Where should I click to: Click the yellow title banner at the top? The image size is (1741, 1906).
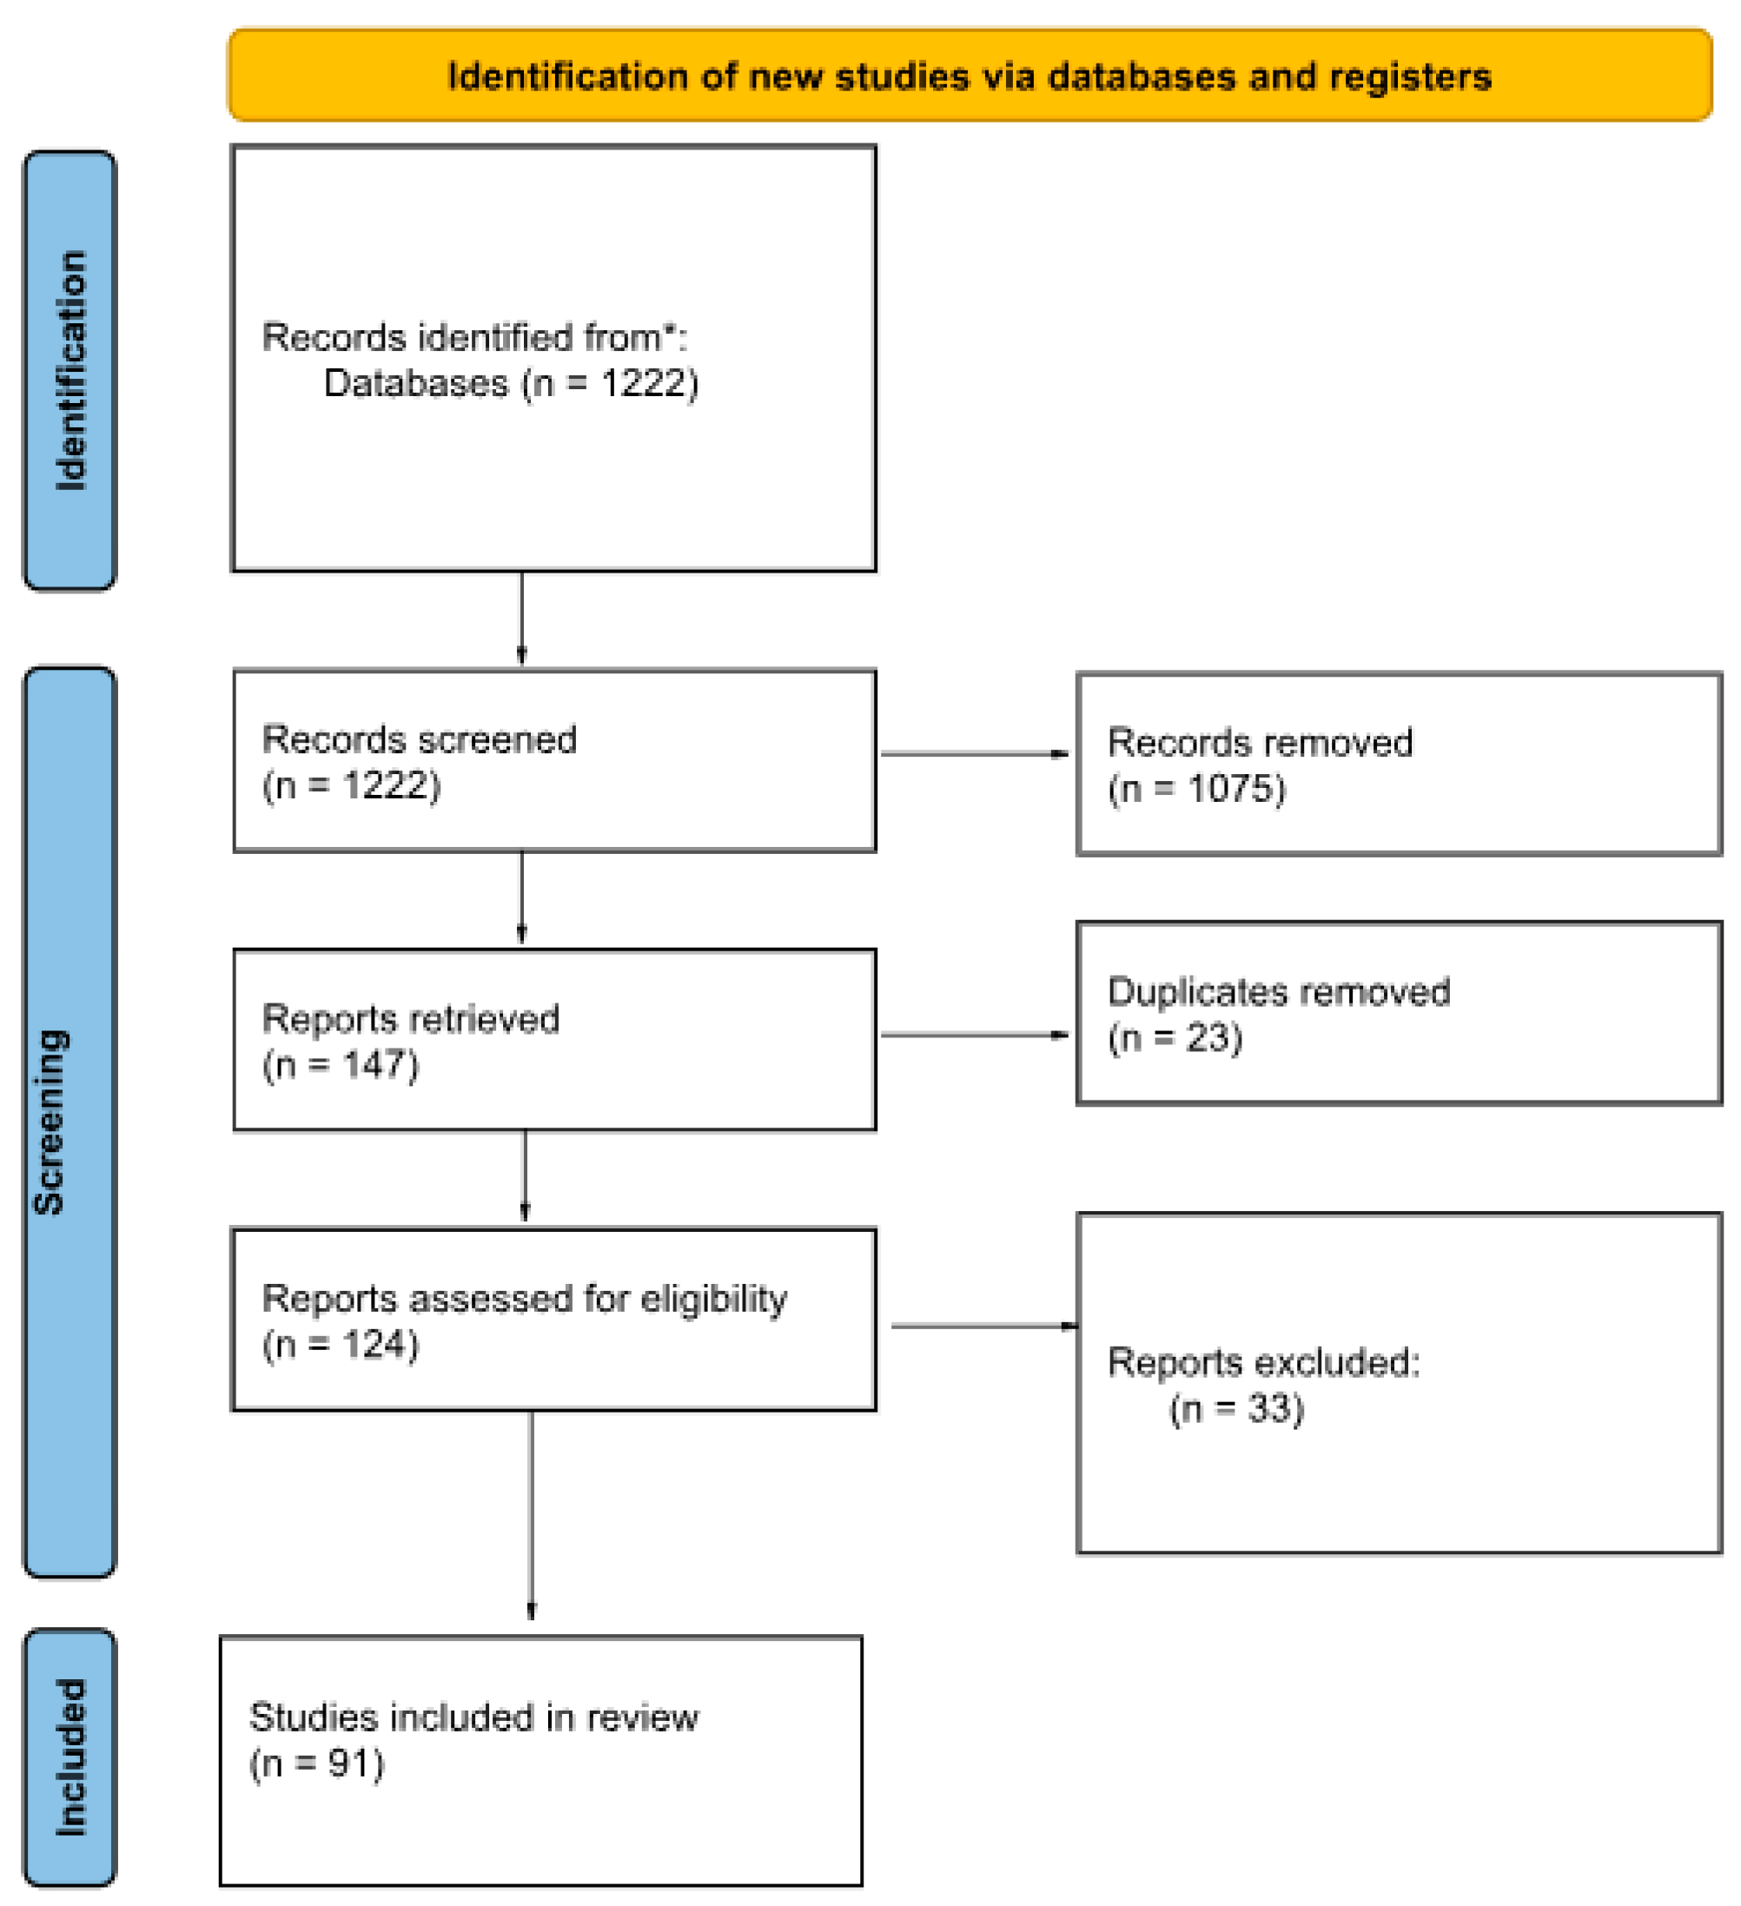[969, 76]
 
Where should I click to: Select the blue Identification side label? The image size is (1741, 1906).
[70, 371]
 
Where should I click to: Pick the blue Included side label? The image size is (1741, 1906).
[70, 1757]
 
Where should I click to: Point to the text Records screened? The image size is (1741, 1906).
[419, 739]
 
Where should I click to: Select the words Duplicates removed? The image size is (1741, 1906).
[1278, 992]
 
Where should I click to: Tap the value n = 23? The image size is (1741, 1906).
[1175, 1038]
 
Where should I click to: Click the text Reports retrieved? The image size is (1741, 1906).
[410, 1019]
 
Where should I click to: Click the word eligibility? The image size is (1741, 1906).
[714, 1299]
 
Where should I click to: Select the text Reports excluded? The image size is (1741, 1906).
[1262, 1362]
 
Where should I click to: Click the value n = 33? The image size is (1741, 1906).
[1236, 1409]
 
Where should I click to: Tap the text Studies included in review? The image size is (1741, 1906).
[473, 1717]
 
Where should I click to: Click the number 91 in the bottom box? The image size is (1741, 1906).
[341, 1764]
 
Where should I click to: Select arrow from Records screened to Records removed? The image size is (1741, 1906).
[974, 753]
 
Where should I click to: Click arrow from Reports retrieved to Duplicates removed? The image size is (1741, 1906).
[974, 1035]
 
